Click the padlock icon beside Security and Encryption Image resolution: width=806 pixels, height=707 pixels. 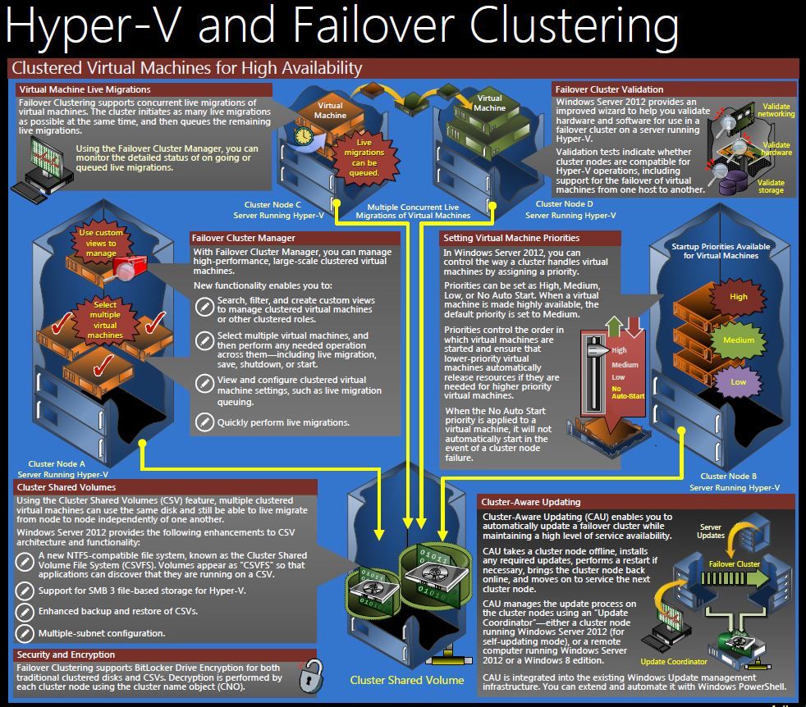(312, 675)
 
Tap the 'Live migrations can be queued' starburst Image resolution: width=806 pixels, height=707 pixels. (364, 157)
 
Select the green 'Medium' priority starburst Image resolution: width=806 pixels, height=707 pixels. (739, 340)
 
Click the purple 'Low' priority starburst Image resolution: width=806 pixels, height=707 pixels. (739, 382)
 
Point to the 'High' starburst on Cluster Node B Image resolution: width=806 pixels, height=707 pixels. (739, 297)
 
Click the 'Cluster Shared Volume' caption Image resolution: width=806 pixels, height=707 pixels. (407, 680)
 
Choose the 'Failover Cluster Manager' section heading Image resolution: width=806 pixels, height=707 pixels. (244, 238)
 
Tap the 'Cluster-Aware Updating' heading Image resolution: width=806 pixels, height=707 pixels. (531, 502)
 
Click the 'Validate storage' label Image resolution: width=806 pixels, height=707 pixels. (771, 186)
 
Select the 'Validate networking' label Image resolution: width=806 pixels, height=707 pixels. (776, 110)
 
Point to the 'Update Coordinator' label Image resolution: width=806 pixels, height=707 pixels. (674, 662)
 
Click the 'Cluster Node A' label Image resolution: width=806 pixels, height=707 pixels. (57, 464)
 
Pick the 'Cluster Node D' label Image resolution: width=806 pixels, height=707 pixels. (565, 204)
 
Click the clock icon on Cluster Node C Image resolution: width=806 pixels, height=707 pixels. (304, 136)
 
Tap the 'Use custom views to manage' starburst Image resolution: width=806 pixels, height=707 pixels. (101, 243)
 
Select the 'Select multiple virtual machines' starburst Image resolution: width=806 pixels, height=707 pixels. (105, 320)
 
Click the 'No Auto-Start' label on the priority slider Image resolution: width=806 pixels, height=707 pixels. (628, 393)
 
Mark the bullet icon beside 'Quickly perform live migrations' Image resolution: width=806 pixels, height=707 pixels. (204, 422)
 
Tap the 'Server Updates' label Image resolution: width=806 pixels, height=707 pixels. (711, 531)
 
